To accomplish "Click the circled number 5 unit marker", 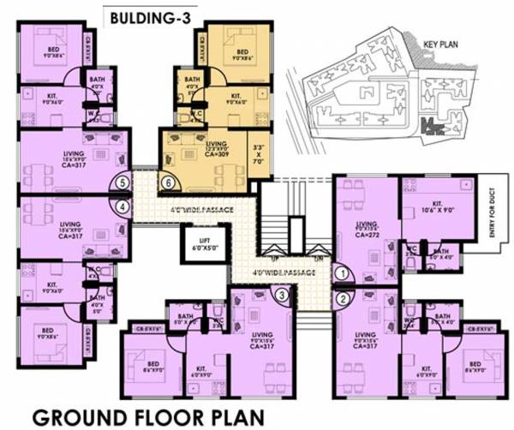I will click(124, 182).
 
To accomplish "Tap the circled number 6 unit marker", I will click(169, 182).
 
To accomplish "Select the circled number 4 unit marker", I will click(124, 206).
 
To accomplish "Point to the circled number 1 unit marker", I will click(343, 273).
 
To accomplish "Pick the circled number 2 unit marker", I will click(343, 299).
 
